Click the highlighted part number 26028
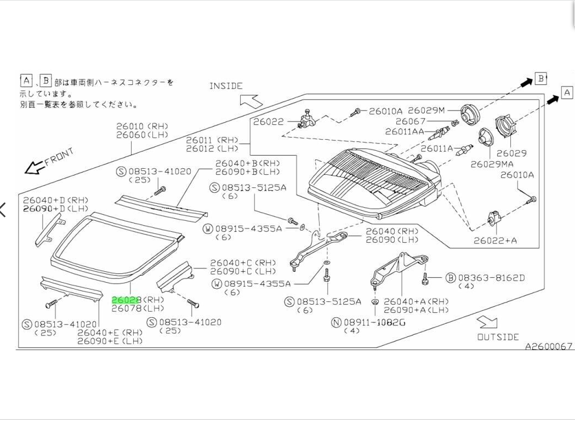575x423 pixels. pos(127,300)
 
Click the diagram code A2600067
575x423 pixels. pos(549,346)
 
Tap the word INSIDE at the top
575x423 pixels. pos(225,86)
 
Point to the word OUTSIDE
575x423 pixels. pos(497,337)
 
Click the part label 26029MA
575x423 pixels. pos(492,164)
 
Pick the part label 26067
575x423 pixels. pos(411,121)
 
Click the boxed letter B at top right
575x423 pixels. pos(540,79)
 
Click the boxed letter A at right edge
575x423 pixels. pos(567,93)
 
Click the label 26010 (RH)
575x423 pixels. pos(142,126)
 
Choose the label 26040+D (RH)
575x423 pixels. pos(55,201)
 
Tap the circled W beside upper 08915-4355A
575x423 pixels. pos(208,228)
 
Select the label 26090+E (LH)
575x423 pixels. pos(110,341)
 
